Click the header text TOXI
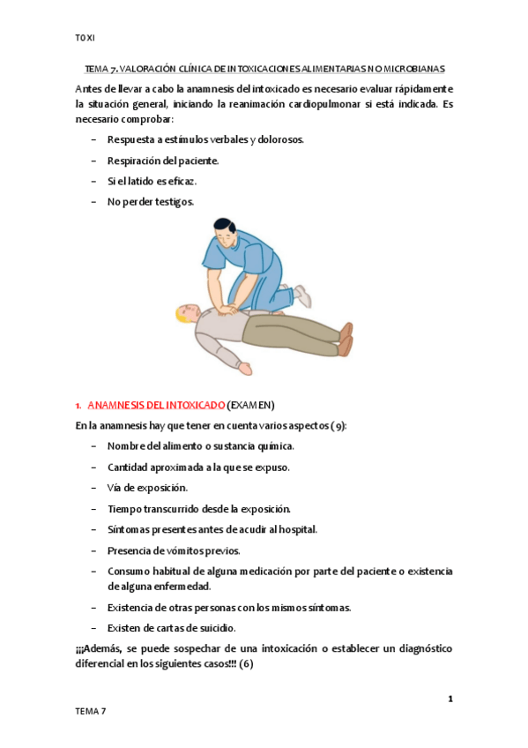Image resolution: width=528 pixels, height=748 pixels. pyautogui.click(x=86, y=37)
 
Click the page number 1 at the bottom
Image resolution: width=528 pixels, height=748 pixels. pyautogui.click(x=450, y=699)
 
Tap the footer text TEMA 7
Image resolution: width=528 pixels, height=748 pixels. pyautogui.click(x=91, y=711)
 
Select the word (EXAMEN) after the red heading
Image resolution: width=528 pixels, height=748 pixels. pyautogui.click(x=251, y=405)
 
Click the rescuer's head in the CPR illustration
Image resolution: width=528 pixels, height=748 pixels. pyautogui.click(x=225, y=233)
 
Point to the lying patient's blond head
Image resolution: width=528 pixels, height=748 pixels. pyautogui.click(x=186, y=313)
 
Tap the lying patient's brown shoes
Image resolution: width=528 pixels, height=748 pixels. pyautogui.click(x=346, y=339)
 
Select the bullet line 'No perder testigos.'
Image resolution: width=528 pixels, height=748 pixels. pyautogui.click(x=151, y=202)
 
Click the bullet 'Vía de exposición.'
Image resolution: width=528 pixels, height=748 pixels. pyautogui.click(x=147, y=487)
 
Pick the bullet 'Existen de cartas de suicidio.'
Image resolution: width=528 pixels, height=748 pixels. pyautogui.click(x=171, y=628)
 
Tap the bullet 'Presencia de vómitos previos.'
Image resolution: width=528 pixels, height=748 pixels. pyautogui.click(x=173, y=550)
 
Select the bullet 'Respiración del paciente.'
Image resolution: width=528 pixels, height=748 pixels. pyautogui.click(x=162, y=161)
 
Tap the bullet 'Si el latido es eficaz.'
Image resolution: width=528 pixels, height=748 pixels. pyautogui.click(x=152, y=181)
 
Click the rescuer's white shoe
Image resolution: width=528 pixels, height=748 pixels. pyautogui.click(x=302, y=295)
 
